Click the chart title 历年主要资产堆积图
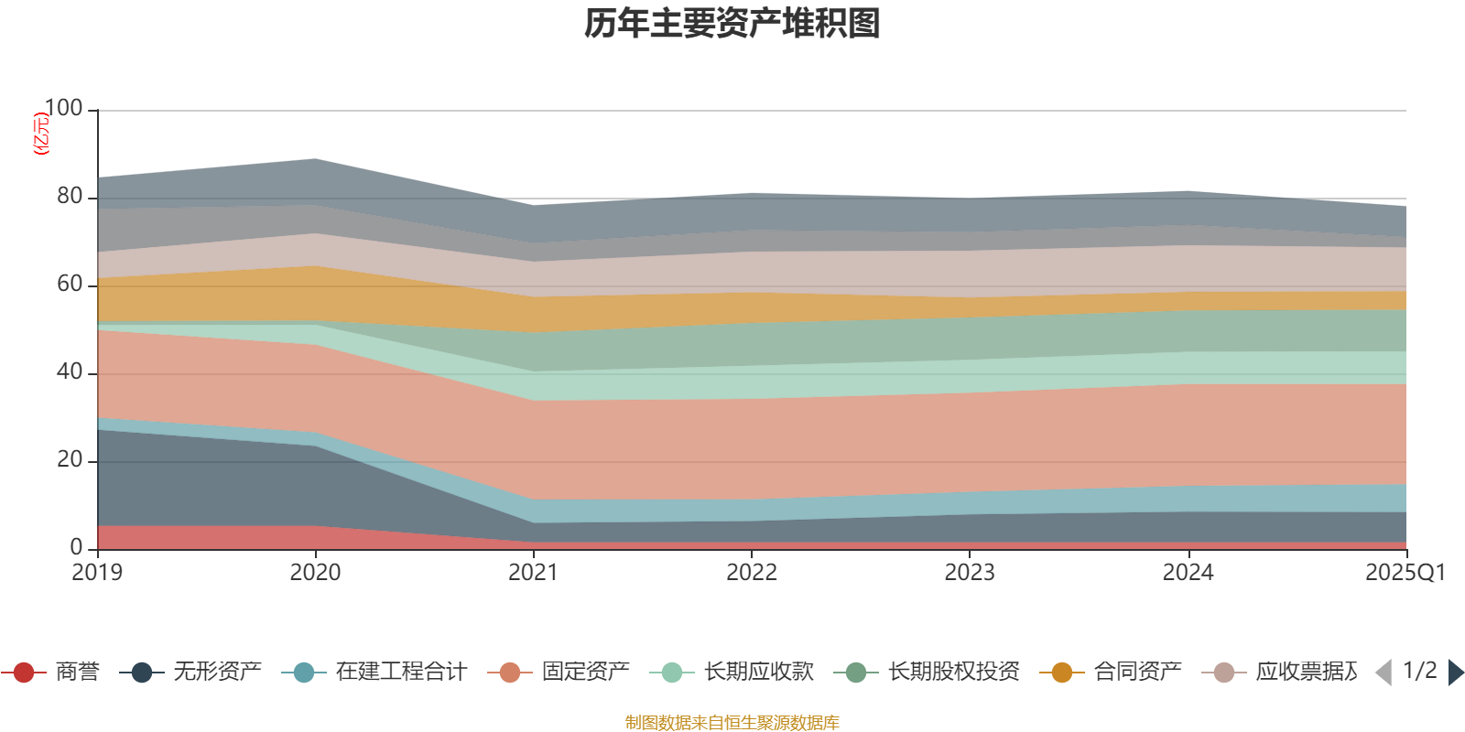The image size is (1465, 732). coord(732,24)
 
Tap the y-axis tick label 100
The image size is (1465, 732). coord(63,108)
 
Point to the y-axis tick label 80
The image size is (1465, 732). coord(70,196)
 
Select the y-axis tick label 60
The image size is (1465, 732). coord(70,284)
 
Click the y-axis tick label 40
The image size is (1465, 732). coord(70,371)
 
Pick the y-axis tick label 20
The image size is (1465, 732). coord(70,459)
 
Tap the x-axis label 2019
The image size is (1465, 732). coord(97,573)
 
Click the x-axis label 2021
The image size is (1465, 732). coord(533,573)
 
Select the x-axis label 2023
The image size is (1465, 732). coord(970,573)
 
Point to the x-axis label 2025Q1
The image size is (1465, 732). coord(1405,573)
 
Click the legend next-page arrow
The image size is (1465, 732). coord(1455,673)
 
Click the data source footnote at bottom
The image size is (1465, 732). coord(732,723)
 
